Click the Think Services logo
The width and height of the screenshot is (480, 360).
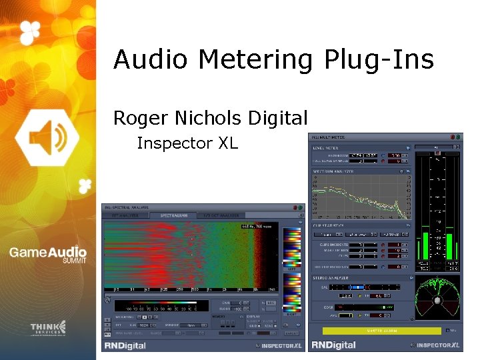[48, 329]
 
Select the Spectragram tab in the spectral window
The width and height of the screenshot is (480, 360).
[169, 215]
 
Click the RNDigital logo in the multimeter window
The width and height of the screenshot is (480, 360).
[333, 345]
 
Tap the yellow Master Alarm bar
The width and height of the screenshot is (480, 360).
[382, 330]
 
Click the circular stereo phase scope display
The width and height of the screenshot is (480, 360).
[437, 299]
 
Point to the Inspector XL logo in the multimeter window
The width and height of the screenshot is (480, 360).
[437, 345]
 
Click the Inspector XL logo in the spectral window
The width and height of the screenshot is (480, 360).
[279, 345]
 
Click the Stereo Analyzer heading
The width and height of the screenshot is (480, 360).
[332, 277]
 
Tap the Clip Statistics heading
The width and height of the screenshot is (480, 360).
[330, 226]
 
